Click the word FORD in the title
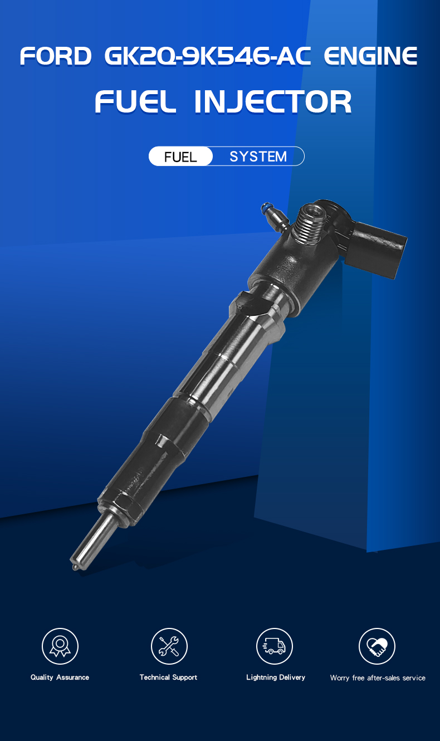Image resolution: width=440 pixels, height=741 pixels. click(x=56, y=56)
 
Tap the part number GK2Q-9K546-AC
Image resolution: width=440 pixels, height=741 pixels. click(x=208, y=56)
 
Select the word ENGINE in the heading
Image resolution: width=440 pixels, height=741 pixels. click(x=370, y=56)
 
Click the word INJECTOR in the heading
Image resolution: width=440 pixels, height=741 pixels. click(x=273, y=102)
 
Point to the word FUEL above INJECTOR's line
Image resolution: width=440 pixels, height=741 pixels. click(x=135, y=102)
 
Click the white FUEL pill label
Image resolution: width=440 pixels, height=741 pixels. click(x=180, y=156)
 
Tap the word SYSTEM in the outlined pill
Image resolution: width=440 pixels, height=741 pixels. click(x=258, y=157)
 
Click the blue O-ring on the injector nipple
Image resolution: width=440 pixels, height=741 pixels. click(x=265, y=208)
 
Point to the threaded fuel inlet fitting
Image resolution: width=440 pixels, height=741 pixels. click(x=308, y=223)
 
